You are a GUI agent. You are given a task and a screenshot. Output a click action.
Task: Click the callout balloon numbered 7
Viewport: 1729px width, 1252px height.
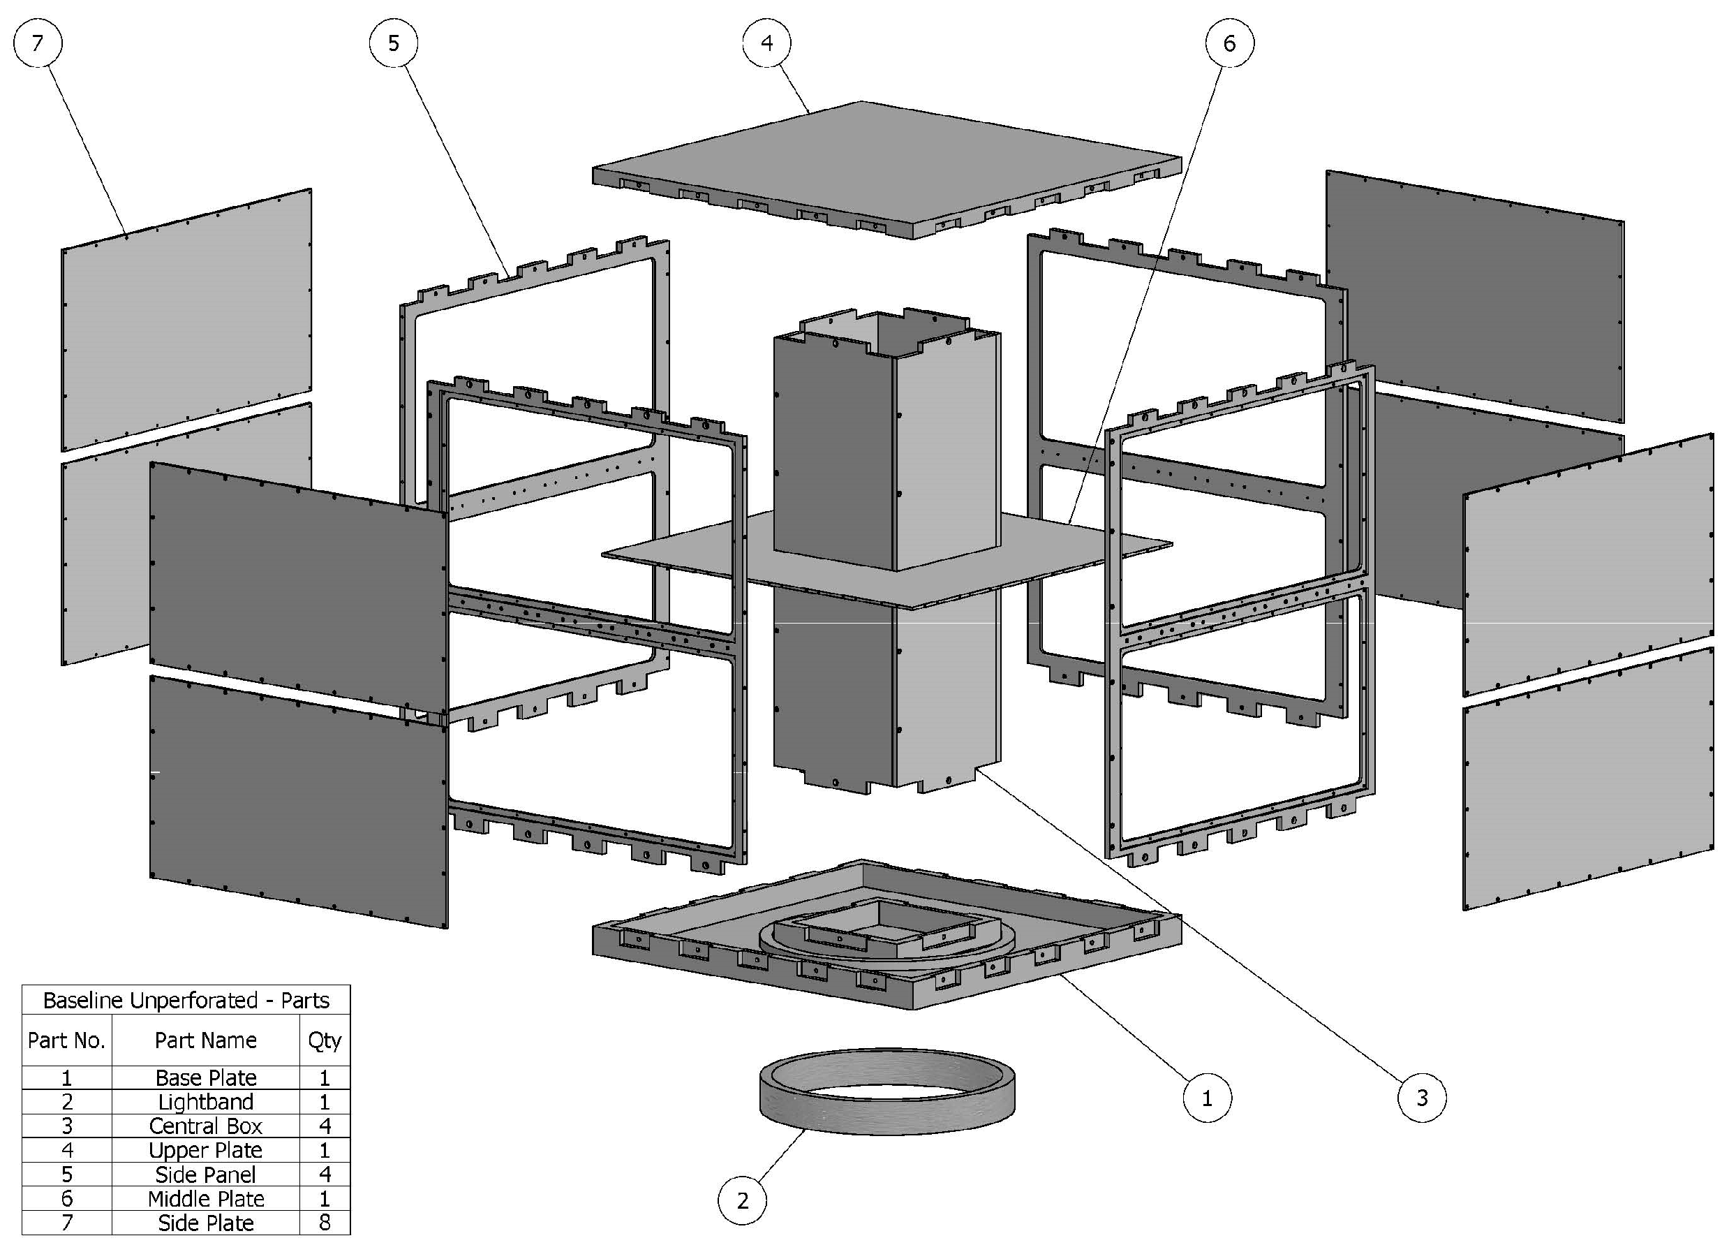(38, 43)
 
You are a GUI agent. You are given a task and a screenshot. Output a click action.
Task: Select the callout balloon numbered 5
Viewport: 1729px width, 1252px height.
(394, 43)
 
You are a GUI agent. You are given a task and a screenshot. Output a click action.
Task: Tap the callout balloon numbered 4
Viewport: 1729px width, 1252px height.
(767, 43)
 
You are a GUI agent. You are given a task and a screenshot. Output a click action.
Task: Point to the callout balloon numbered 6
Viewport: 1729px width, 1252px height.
(1229, 43)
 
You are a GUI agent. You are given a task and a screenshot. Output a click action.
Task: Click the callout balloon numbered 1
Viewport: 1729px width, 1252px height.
(1207, 1098)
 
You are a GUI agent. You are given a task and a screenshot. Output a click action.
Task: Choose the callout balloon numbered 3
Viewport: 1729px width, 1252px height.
(1422, 1098)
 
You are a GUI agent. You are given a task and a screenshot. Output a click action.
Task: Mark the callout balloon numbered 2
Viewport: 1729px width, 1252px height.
(743, 1201)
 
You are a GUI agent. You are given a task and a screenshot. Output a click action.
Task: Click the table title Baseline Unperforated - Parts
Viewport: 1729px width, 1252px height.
(186, 1001)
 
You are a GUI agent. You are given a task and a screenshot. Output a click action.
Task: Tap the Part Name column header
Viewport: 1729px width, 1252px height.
(205, 1040)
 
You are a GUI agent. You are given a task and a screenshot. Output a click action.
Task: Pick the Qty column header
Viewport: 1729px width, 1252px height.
(325, 1040)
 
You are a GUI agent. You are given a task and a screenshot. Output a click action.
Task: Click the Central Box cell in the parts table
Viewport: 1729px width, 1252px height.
(205, 1126)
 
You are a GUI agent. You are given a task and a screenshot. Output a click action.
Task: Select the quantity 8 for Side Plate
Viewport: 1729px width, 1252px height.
(325, 1222)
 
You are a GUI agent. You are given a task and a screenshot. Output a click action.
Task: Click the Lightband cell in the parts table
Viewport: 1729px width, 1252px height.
(205, 1102)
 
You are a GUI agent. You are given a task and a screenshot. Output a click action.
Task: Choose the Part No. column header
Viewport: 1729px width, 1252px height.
(66, 1040)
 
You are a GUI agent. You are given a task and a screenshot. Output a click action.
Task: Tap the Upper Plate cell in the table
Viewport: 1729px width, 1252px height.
(205, 1150)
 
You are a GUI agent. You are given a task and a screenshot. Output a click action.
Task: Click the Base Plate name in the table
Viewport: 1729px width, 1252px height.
(205, 1077)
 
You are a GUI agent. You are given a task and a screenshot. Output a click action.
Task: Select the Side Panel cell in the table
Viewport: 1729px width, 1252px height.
(205, 1174)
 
